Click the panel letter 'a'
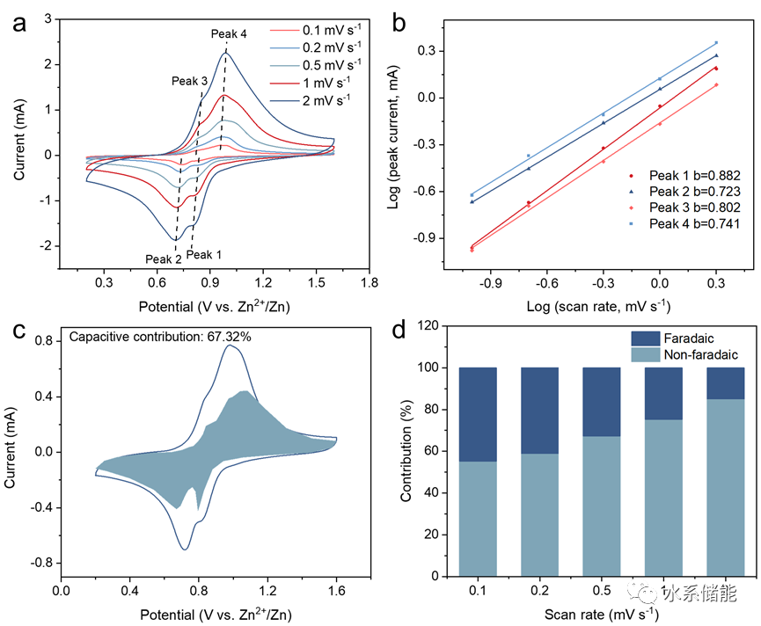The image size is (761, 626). pos(19,24)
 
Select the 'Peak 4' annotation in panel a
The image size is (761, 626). pos(229,34)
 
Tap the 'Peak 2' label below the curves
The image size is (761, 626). pos(164,259)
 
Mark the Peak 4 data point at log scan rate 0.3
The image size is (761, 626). pos(716,42)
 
